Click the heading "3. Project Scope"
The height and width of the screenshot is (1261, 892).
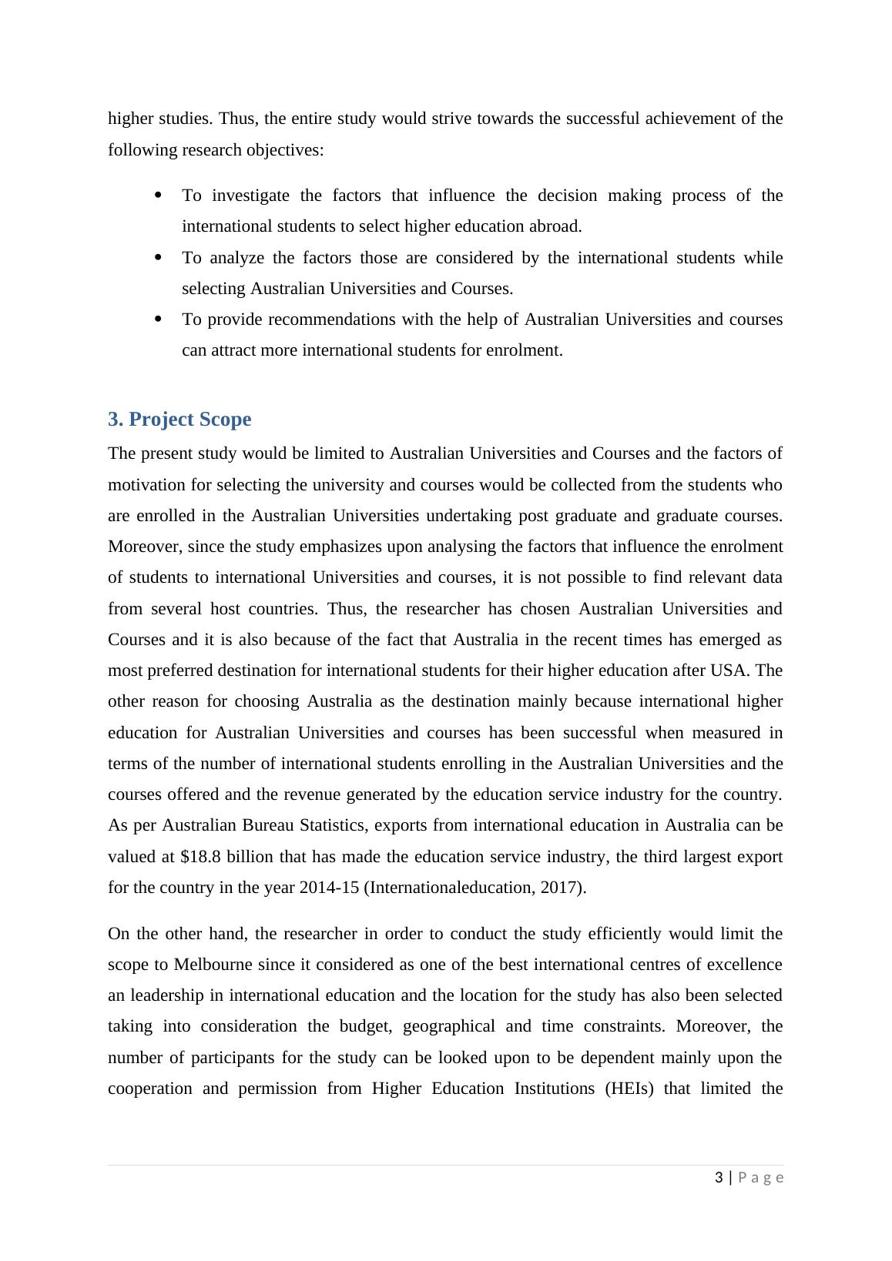click(x=179, y=420)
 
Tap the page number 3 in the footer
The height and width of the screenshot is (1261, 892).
click(x=719, y=1178)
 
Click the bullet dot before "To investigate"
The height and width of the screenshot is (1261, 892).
click(x=159, y=195)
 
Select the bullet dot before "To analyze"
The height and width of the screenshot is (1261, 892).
click(x=159, y=257)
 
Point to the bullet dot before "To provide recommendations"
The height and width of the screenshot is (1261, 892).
click(x=159, y=319)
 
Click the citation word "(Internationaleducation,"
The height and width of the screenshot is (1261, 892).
click(x=448, y=888)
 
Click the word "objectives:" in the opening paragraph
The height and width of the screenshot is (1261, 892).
click(x=285, y=150)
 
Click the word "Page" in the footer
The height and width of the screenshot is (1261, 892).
click(x=761, y=1178)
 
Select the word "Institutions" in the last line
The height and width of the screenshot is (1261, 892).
click(x=545, y=1089)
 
